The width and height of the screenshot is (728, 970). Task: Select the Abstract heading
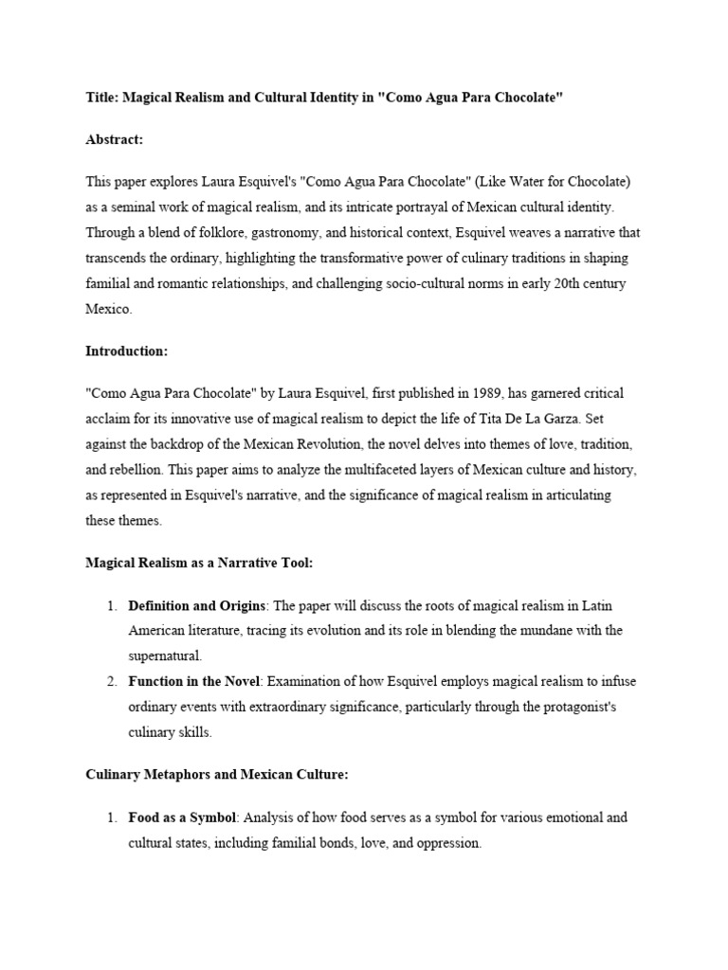(114, 140)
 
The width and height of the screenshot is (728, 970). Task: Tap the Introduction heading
(126, 351)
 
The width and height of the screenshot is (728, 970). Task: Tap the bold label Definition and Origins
(197, 604)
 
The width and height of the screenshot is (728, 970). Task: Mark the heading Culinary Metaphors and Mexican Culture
(217, 775)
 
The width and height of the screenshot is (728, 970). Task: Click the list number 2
(111, 681)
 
